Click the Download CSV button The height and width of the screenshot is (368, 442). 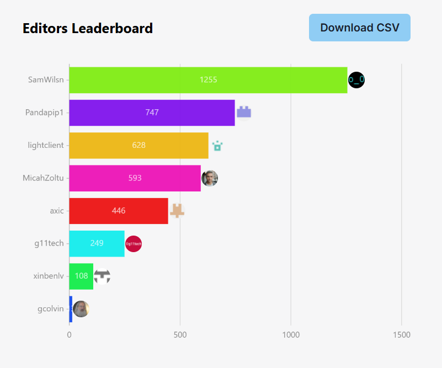click(359, 28)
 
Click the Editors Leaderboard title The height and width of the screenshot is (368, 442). click(88, 28)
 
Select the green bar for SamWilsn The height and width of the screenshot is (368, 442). click(208, 79)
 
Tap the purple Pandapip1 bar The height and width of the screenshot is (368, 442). click(152, 113)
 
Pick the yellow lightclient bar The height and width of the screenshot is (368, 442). click(139, 146)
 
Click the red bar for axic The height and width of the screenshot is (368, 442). click(119, 211)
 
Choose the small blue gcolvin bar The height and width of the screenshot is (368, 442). click(71, 309)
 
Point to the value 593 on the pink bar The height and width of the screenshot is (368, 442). click(135, 178)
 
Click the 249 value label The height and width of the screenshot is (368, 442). click(97, 243)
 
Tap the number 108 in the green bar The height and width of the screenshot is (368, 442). click(81, 276)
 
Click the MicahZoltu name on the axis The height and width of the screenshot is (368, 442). click(43, 178)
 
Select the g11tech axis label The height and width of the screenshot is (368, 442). click(49, 243)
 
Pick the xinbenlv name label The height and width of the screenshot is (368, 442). click(48, 276)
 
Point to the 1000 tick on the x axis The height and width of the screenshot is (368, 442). click(290, 335)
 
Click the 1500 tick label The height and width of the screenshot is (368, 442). click(401, 335)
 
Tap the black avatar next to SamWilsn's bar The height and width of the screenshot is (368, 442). click(356, 80)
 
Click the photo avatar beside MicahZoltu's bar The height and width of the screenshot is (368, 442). click(210, 178)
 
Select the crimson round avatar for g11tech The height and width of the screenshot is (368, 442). click(134, 243)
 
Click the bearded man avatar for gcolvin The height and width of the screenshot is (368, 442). click(81, 309)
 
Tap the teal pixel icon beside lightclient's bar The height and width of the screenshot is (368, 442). click(217, 146)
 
